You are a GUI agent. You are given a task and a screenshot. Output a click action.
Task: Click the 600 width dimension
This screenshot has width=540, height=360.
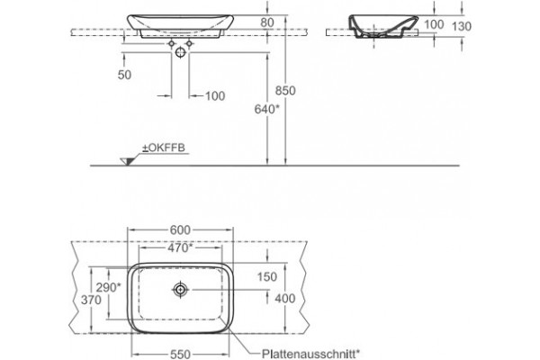click(180, 229)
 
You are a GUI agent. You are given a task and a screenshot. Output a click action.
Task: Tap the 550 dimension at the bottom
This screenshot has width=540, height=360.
click(180, 354)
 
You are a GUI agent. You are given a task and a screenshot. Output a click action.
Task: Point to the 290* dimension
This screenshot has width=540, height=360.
click(108, 287)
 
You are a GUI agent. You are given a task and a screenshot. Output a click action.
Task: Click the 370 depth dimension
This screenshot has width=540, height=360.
click(91, 300)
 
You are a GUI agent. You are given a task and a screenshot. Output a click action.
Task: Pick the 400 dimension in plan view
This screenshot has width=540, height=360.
click(284, 298)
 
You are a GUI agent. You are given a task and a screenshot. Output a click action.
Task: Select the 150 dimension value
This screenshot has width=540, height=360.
click(267, 276)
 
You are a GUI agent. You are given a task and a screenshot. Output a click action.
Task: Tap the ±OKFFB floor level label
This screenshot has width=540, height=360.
click(164, 148)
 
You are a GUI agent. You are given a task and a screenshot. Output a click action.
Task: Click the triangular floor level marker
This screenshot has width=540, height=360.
click(127, 161)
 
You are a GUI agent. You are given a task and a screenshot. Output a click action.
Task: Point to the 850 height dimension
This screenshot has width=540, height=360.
click(285, 90)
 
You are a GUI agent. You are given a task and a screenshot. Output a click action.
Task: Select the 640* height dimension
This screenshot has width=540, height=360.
click(267, 109)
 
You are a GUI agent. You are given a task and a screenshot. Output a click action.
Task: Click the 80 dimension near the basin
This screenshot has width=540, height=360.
click(267, 22)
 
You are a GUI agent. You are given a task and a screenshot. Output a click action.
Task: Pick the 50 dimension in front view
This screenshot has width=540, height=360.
click(124, 75)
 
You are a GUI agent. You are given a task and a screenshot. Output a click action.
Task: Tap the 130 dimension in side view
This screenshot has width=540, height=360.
click(461, 26)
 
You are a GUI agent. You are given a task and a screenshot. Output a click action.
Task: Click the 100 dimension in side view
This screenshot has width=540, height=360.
click(434, 24)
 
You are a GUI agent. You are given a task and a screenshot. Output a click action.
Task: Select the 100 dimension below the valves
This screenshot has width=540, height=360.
click(215, 95)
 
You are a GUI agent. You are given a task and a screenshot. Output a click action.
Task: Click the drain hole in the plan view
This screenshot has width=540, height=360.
click(180, 290)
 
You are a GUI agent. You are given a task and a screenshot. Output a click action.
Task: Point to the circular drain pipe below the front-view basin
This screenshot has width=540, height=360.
click(180, 52)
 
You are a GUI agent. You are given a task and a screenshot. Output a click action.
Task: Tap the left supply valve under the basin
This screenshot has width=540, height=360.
click(171, 44)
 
